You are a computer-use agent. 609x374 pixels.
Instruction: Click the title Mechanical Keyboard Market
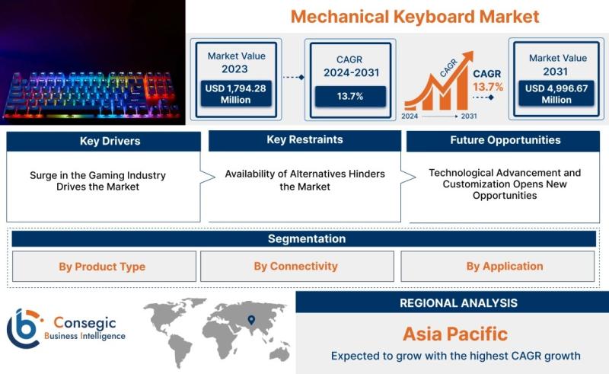[x=415, y=17]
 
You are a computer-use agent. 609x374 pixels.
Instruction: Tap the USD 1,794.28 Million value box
[x=236, y=94]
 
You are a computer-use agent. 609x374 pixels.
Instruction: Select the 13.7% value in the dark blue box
[x=350, y=96]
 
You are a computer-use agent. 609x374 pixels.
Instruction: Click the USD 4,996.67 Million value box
[x=556, y=93]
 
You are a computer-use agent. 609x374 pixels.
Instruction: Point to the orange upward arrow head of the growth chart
[x=468, y=56]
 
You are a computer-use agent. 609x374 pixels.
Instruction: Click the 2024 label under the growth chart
[x=410, y=116]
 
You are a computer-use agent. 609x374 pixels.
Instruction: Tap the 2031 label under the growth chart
[x=469, y=116]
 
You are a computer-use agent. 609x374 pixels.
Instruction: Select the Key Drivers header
[x=104, y=141]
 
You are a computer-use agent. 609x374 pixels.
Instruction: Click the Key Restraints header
[x=305, y=140]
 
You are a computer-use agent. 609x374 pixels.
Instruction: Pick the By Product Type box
[x=104, y=267]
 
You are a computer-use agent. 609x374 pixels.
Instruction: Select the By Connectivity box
[x=297, y=267]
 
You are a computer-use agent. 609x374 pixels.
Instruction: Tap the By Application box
[x=498, y=267]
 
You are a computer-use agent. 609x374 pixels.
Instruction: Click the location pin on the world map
[x=251, y=320]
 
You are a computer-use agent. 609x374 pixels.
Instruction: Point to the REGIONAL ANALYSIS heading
[x=458, y=303]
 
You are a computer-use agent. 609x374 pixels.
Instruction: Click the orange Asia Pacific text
[x=455, y=334]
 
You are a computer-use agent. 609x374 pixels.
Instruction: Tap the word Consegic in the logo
[x=84, y=322]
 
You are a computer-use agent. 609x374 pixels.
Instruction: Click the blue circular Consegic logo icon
[x=24, y=328]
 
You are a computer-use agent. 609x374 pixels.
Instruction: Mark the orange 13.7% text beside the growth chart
[x=488, y=87]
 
